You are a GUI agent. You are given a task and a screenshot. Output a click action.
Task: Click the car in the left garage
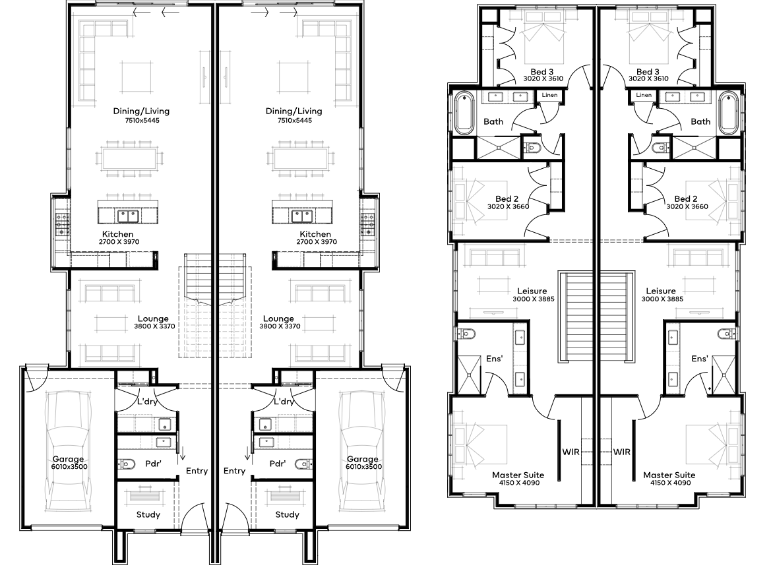[69, 452]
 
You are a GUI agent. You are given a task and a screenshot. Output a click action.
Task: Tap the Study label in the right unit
[287, 514]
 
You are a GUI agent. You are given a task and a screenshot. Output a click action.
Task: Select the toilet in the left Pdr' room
[127, 464]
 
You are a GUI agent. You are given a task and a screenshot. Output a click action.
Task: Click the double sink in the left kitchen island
[128, 215]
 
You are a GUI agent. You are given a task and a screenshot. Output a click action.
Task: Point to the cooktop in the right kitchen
[367, 224]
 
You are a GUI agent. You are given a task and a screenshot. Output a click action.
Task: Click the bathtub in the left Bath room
[464, 113]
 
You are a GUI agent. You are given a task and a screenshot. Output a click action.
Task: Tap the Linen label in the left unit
[549, 95]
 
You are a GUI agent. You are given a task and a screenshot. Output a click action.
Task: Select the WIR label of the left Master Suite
[571, 452]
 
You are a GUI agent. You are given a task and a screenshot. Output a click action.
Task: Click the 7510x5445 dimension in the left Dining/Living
[143, 121]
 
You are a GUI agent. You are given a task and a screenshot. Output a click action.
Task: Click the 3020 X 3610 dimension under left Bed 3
[543, 78]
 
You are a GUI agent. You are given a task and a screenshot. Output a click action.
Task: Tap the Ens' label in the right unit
[699, 359]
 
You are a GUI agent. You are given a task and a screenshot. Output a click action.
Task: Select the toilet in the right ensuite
[727, 334]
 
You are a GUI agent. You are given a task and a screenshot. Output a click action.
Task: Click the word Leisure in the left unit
[532, 291]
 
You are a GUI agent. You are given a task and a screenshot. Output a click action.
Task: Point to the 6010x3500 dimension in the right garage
[364, 466]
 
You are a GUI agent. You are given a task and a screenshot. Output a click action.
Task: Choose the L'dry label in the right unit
[284, 402]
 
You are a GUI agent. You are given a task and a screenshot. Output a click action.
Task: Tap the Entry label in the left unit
[197, 471]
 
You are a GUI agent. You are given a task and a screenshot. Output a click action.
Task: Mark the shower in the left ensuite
[470, 375]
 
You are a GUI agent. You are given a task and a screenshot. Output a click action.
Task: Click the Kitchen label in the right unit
[315, 234]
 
